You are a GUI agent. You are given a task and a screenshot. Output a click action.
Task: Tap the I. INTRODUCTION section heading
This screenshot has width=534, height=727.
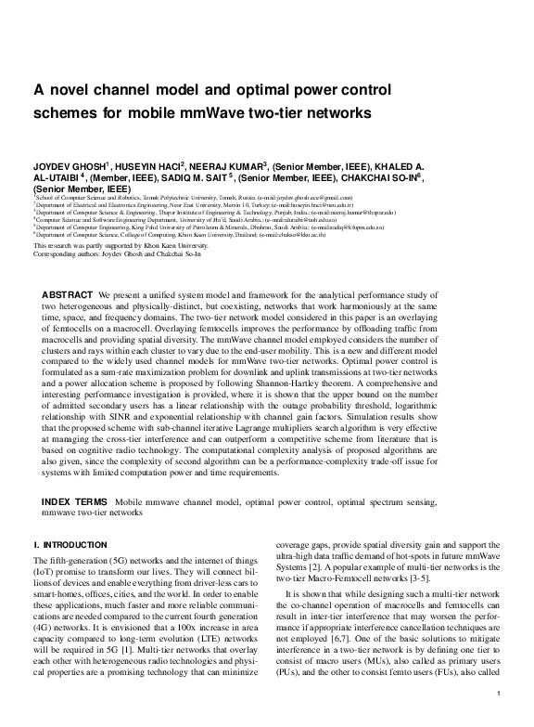tap(63, 542)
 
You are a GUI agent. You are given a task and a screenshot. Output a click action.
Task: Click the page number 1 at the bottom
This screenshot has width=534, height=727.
tap(499, 718)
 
